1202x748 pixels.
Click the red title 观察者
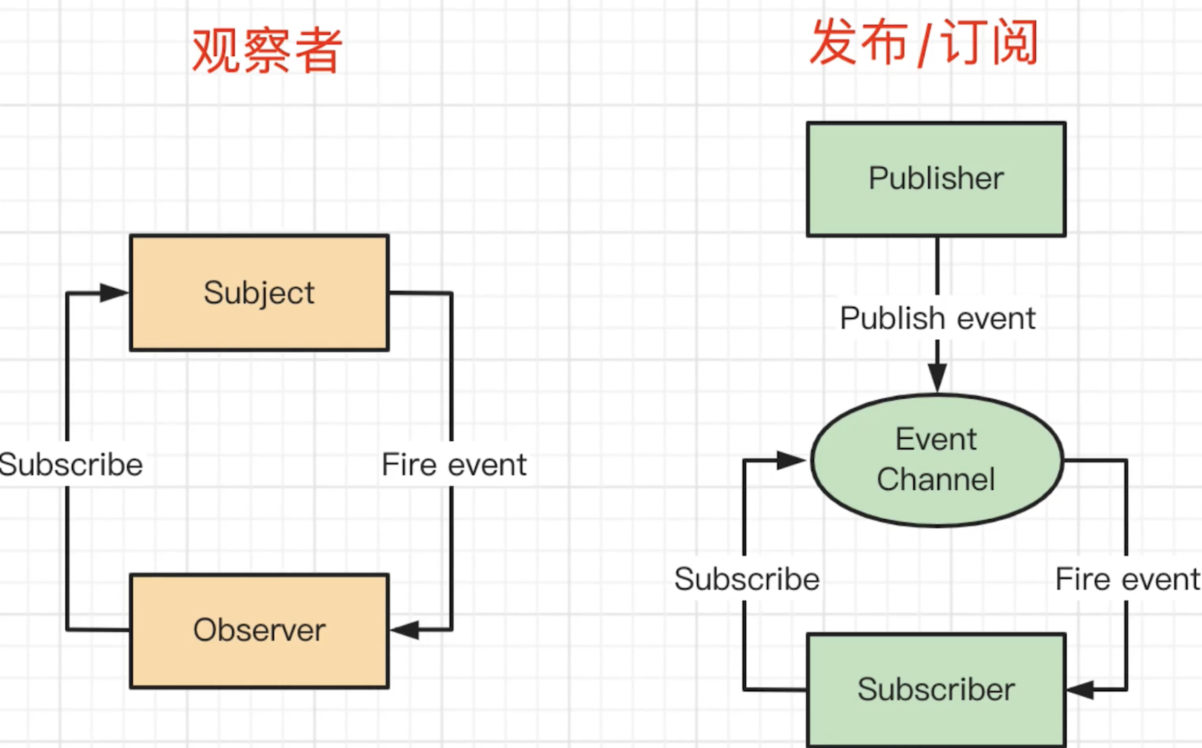click(x=267, y=51)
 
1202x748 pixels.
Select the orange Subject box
click(x=259, y=292)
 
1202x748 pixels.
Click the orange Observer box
click(x=259, y=630)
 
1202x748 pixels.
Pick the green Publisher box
click(x=936, y=179)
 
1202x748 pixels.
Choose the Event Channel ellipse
click(x=936, y=460)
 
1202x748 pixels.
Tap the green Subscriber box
click(x=936, y=689)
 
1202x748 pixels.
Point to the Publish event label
click(x=937, y=318)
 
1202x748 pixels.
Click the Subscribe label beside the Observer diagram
click(x=71, y=464)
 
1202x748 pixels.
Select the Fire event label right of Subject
click(x=454, y=464)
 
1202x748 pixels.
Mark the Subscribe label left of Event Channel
click(x=747, y=579)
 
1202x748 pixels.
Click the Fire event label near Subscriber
click(x=1127, y=579)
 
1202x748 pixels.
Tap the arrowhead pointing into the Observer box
click(x=405, y=630)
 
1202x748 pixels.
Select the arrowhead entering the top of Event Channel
click(x=937, y=377)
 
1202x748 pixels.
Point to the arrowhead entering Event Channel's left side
click(x=790, y=460)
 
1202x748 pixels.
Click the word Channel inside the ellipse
click(x=936, y=480)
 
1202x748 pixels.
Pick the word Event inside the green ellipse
click(x=936, y=439)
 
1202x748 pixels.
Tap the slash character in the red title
click(x=924, y=43)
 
